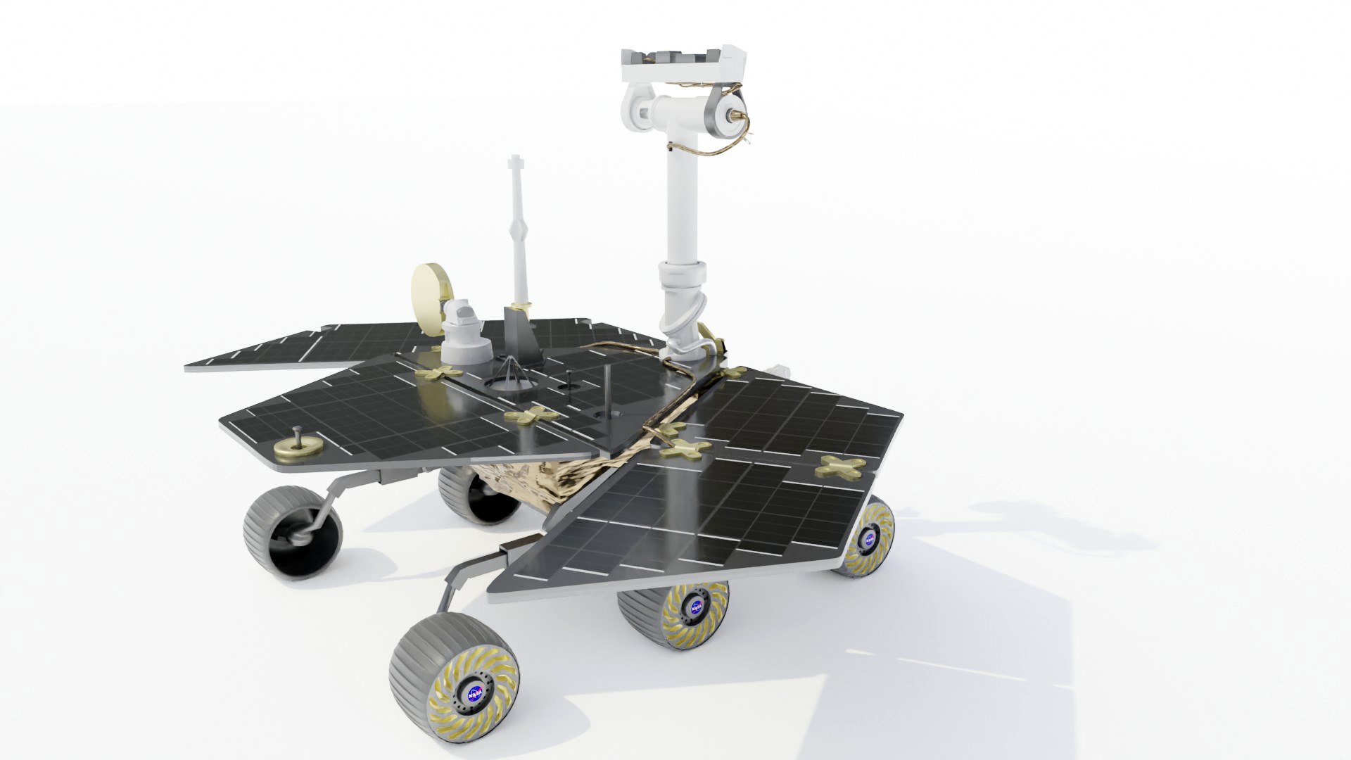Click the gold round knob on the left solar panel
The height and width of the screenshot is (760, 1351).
[x=296, y=444]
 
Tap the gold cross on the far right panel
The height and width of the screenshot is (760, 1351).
[x=841, y=466]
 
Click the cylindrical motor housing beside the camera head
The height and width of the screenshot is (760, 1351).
[x=721, y=113]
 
